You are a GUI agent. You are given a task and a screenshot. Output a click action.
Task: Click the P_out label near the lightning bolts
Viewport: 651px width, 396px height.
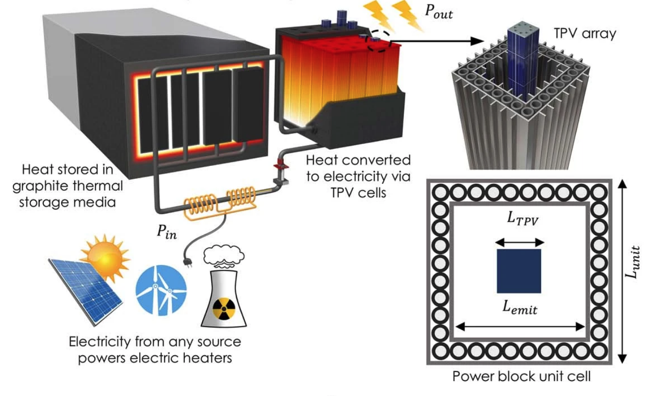click(438, 13)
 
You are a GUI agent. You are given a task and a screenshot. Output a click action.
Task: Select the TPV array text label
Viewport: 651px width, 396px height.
click(584, 34)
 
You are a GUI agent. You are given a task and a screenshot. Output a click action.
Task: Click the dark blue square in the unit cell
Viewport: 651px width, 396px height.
click(519, 271)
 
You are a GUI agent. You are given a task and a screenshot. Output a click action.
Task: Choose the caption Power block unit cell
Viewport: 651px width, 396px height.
click(521, 376)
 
